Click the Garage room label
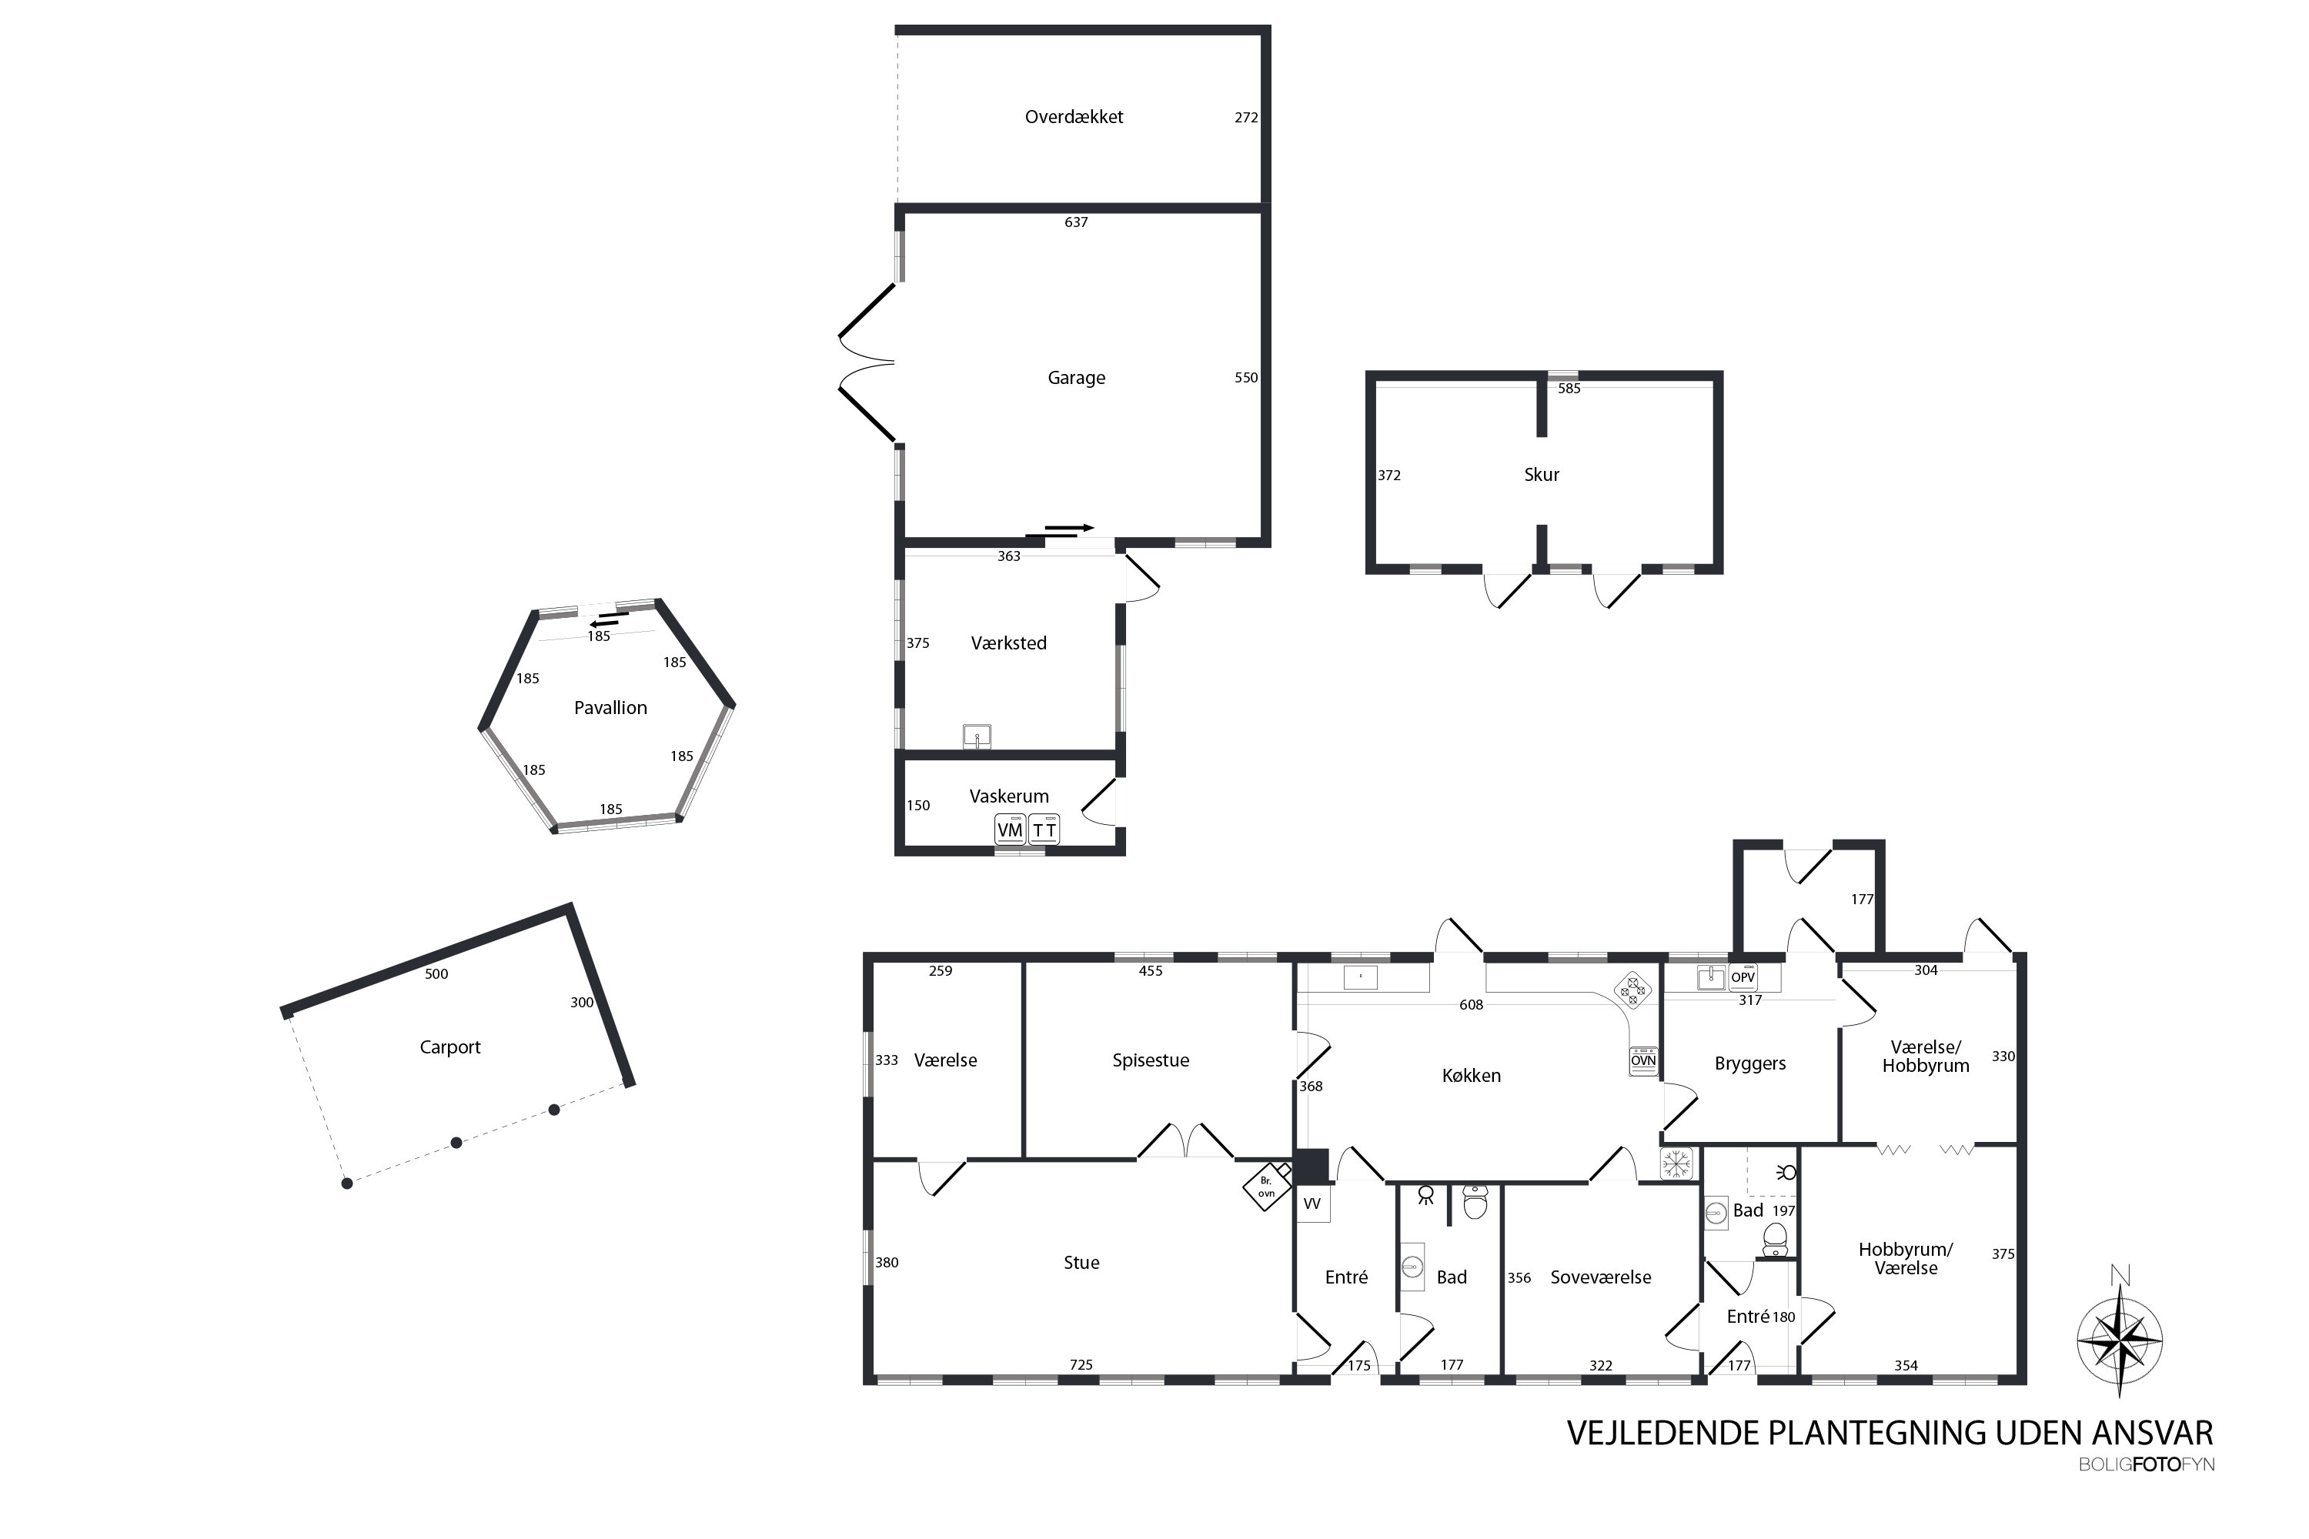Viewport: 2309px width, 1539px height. point(1076,378)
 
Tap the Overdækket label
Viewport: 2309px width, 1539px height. point(1074,117)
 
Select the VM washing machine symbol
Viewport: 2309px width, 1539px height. point(1009,830)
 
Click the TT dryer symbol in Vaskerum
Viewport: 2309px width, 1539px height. point(1044,830)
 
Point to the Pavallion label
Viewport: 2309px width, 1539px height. point(610,708)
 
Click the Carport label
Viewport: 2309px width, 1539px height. point(449,1047)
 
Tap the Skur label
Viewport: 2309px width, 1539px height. point(1542,475)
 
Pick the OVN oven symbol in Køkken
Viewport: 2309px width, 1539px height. point(1643,1060)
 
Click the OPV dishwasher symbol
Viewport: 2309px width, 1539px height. point(1743,976)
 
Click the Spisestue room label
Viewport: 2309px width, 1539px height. point(1151,1060)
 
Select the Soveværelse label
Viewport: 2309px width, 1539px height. point(1600,1277)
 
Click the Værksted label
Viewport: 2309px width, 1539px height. point(1008,643)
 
